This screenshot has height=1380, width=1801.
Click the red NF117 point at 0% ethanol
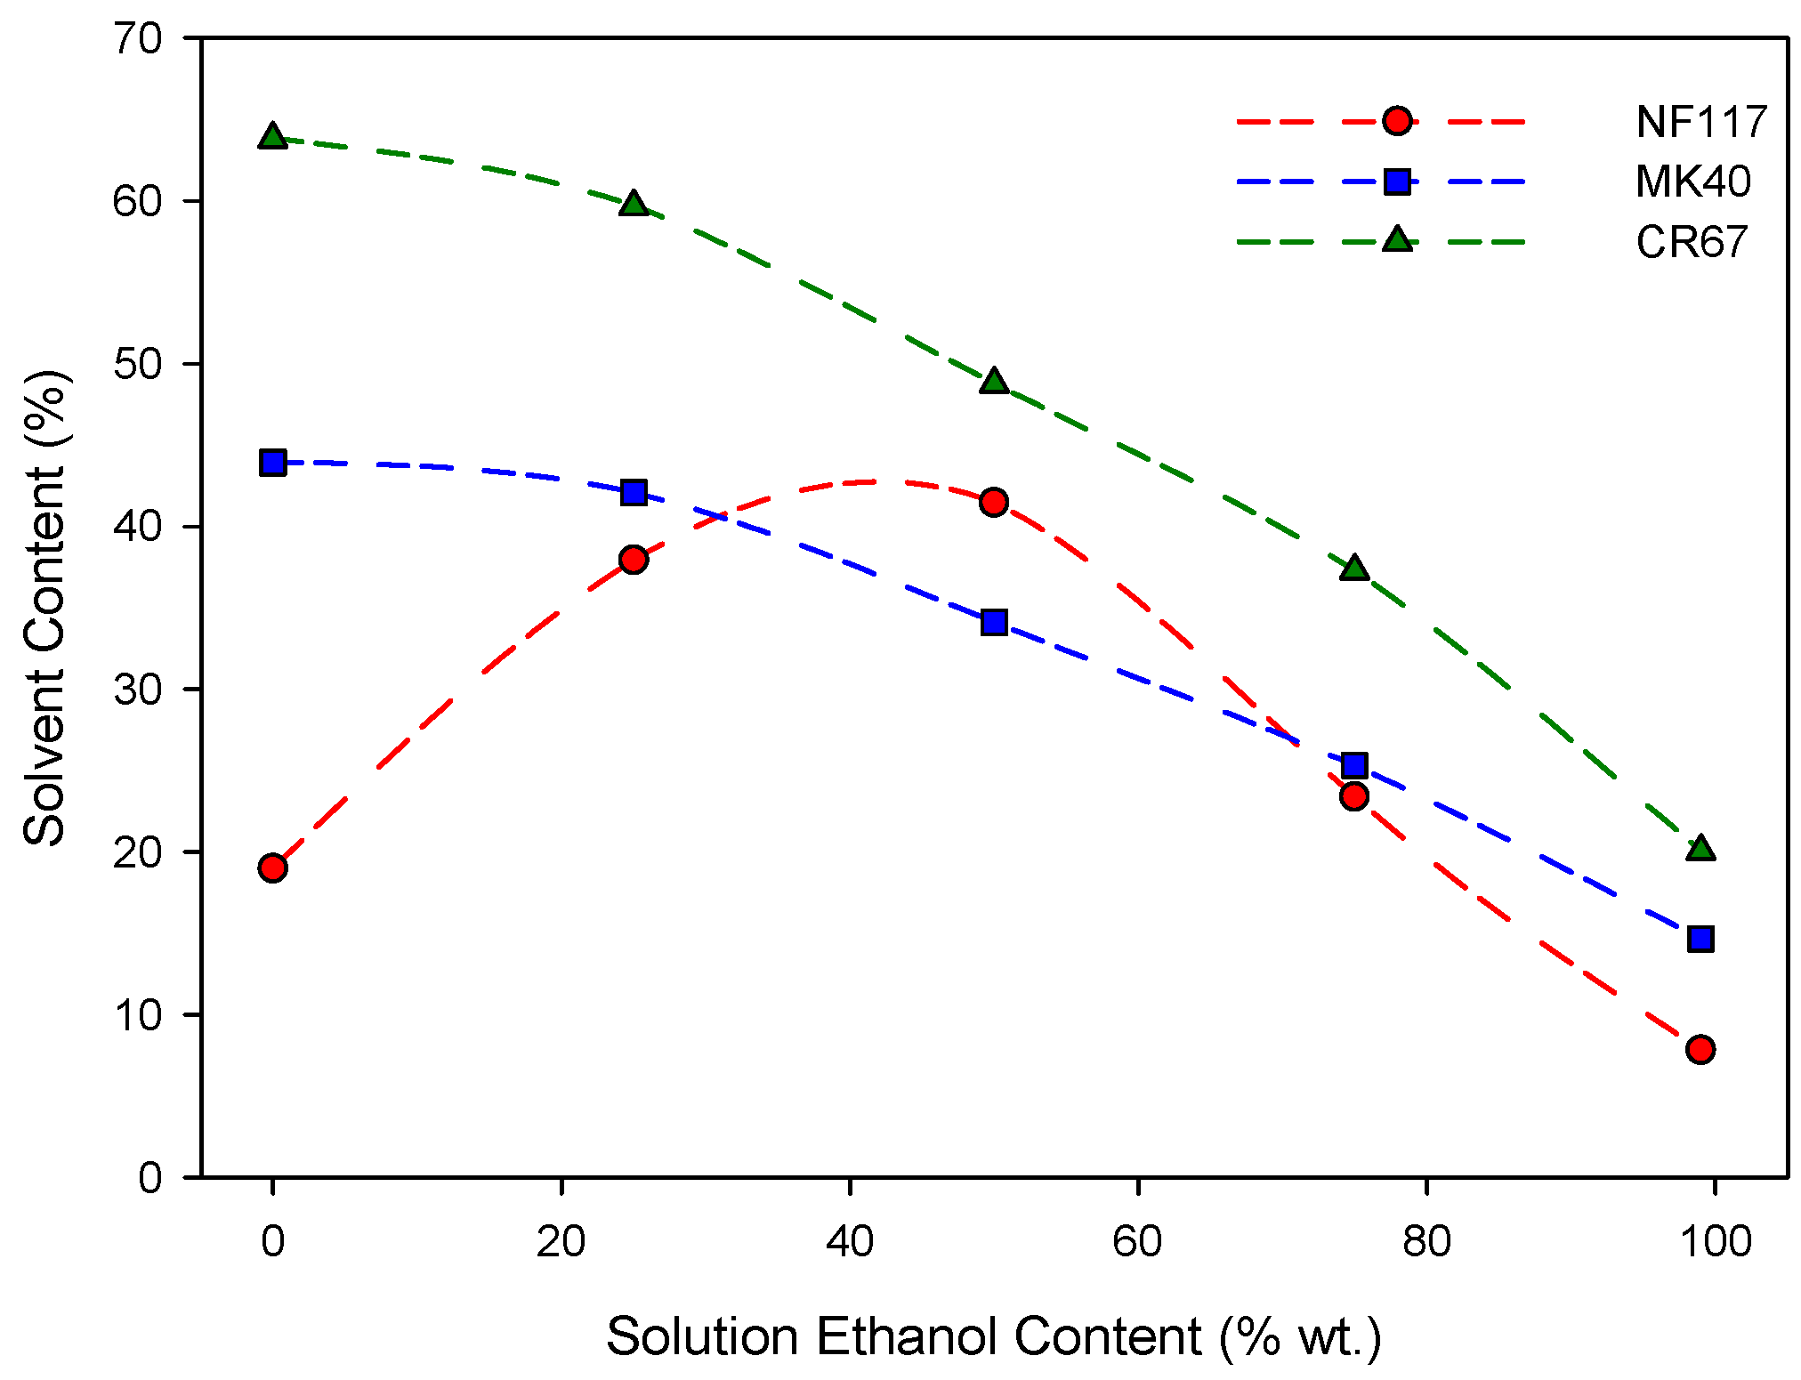273,868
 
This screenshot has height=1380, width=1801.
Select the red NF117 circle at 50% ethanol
994,502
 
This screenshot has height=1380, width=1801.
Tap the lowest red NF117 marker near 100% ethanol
1700,1049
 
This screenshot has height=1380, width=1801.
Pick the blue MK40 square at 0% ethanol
273,463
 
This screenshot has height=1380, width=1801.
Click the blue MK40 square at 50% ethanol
994,622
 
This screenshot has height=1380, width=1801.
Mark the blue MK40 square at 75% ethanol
1354,765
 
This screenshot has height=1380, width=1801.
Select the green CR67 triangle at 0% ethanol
273,137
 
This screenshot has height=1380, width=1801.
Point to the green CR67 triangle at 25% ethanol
634,205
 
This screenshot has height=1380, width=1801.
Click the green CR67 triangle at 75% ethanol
1354,568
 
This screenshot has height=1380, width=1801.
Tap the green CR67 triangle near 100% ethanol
1700,849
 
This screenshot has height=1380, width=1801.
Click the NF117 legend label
1700,122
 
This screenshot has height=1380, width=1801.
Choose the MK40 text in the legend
1692,182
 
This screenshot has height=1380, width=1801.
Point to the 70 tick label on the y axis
138,39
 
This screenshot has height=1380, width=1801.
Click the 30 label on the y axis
138,690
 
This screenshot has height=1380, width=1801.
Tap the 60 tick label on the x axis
1138,1241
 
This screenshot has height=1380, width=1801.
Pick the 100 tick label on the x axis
1715,1241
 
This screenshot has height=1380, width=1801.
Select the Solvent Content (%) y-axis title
44,608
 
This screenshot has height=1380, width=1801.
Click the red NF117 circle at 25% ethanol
634,560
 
